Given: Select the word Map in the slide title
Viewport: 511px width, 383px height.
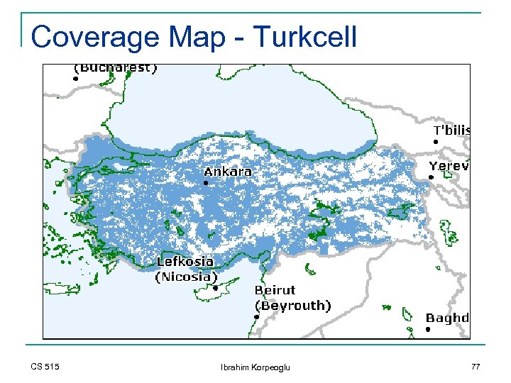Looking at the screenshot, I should click(x=189, y=37).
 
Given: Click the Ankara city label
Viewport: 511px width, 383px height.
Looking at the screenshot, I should click(x=227, y=172).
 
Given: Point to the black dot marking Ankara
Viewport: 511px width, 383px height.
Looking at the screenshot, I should click(x=206, y=183).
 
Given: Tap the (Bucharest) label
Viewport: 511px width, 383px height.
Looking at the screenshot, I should click(x=116, y=68).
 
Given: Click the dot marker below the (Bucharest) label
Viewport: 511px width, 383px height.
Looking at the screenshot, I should click(x=75, y=79).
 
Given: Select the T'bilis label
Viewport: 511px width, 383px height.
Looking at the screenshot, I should click(x=451, y=131).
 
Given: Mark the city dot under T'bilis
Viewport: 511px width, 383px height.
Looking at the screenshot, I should click(x=435, y=142).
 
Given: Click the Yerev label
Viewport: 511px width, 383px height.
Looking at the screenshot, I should click(x=449, y=166).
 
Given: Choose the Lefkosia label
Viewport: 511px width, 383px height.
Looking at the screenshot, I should click(x=185, y=262).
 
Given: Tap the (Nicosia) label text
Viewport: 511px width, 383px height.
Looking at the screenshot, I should click(x=184, y=277).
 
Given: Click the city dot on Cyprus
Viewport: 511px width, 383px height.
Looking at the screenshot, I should click(x=215, y=288).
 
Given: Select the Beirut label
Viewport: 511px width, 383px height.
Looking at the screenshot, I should click(x=275, y=290).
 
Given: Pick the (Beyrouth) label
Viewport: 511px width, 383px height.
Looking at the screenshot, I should click(x=292, y=306).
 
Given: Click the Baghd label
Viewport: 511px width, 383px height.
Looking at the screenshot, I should click(x=447, y=318).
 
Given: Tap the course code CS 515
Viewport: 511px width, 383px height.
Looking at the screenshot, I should click(x=45, y=366).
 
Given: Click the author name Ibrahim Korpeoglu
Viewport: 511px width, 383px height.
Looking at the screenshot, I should click(x=255, y=367).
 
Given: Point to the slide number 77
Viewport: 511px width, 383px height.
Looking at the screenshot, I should click(x=475, y=366).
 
